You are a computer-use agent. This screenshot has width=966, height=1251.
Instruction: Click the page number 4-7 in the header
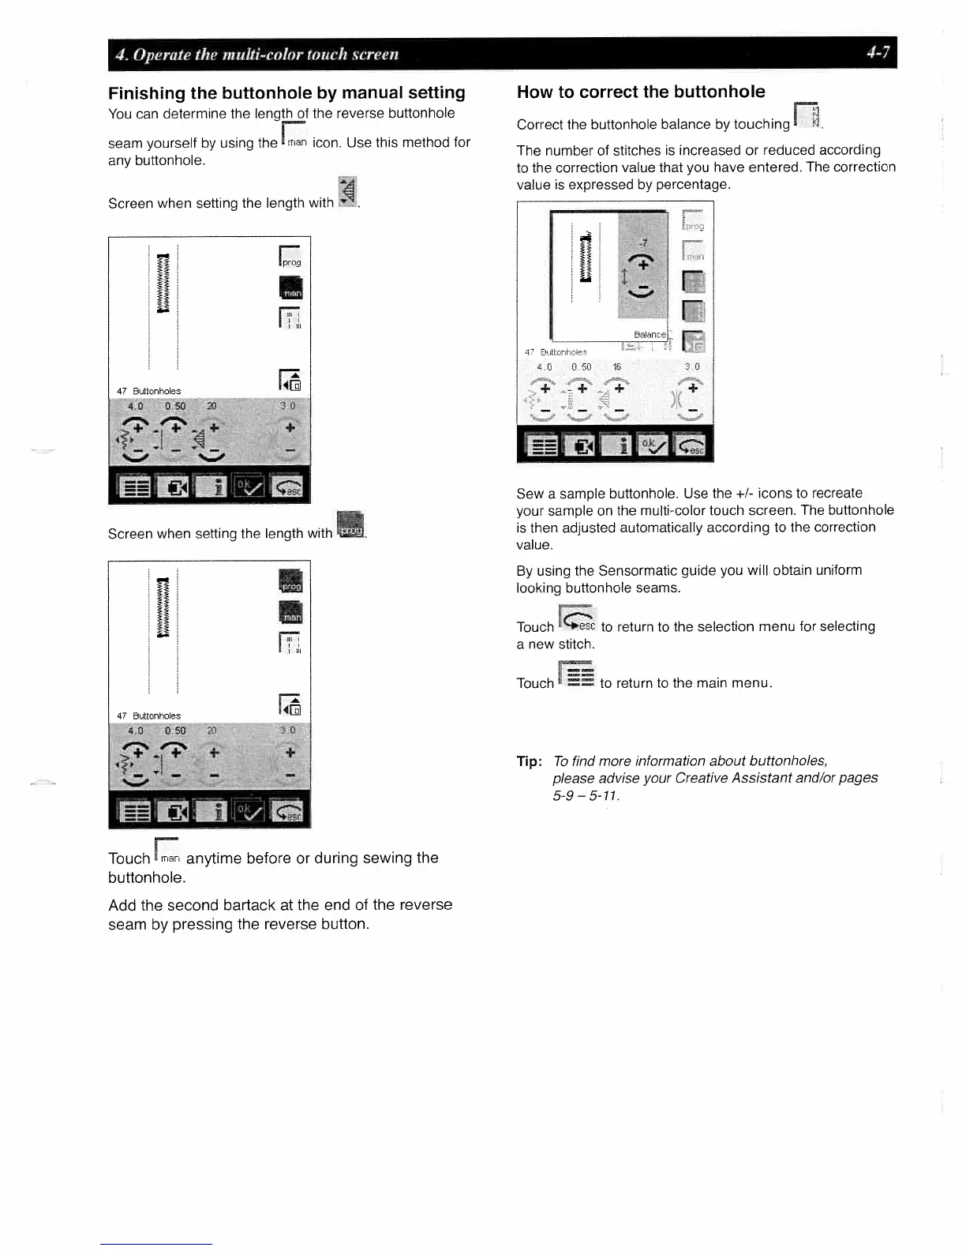pos(878,53)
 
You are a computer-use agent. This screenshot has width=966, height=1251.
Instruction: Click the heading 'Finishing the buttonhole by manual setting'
pos(286,92)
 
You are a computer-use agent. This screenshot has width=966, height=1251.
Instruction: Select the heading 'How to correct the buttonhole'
pos(640,92)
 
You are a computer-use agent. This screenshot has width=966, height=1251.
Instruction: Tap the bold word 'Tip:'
pos(529,761)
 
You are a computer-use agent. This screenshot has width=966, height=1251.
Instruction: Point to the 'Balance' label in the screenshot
pos(650,335)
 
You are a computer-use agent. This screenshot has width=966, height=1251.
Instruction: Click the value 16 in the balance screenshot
pos(616,367)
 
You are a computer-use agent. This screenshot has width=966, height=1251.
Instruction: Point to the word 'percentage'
pos(692,185)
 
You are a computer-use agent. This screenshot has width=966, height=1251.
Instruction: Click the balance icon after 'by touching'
pos(808,118)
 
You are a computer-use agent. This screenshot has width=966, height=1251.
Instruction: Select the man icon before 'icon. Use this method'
pos(295,137)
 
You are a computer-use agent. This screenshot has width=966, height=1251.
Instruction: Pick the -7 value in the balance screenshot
pos(643,243)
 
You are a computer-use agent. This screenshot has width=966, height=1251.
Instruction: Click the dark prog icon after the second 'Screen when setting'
pos(350,525)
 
